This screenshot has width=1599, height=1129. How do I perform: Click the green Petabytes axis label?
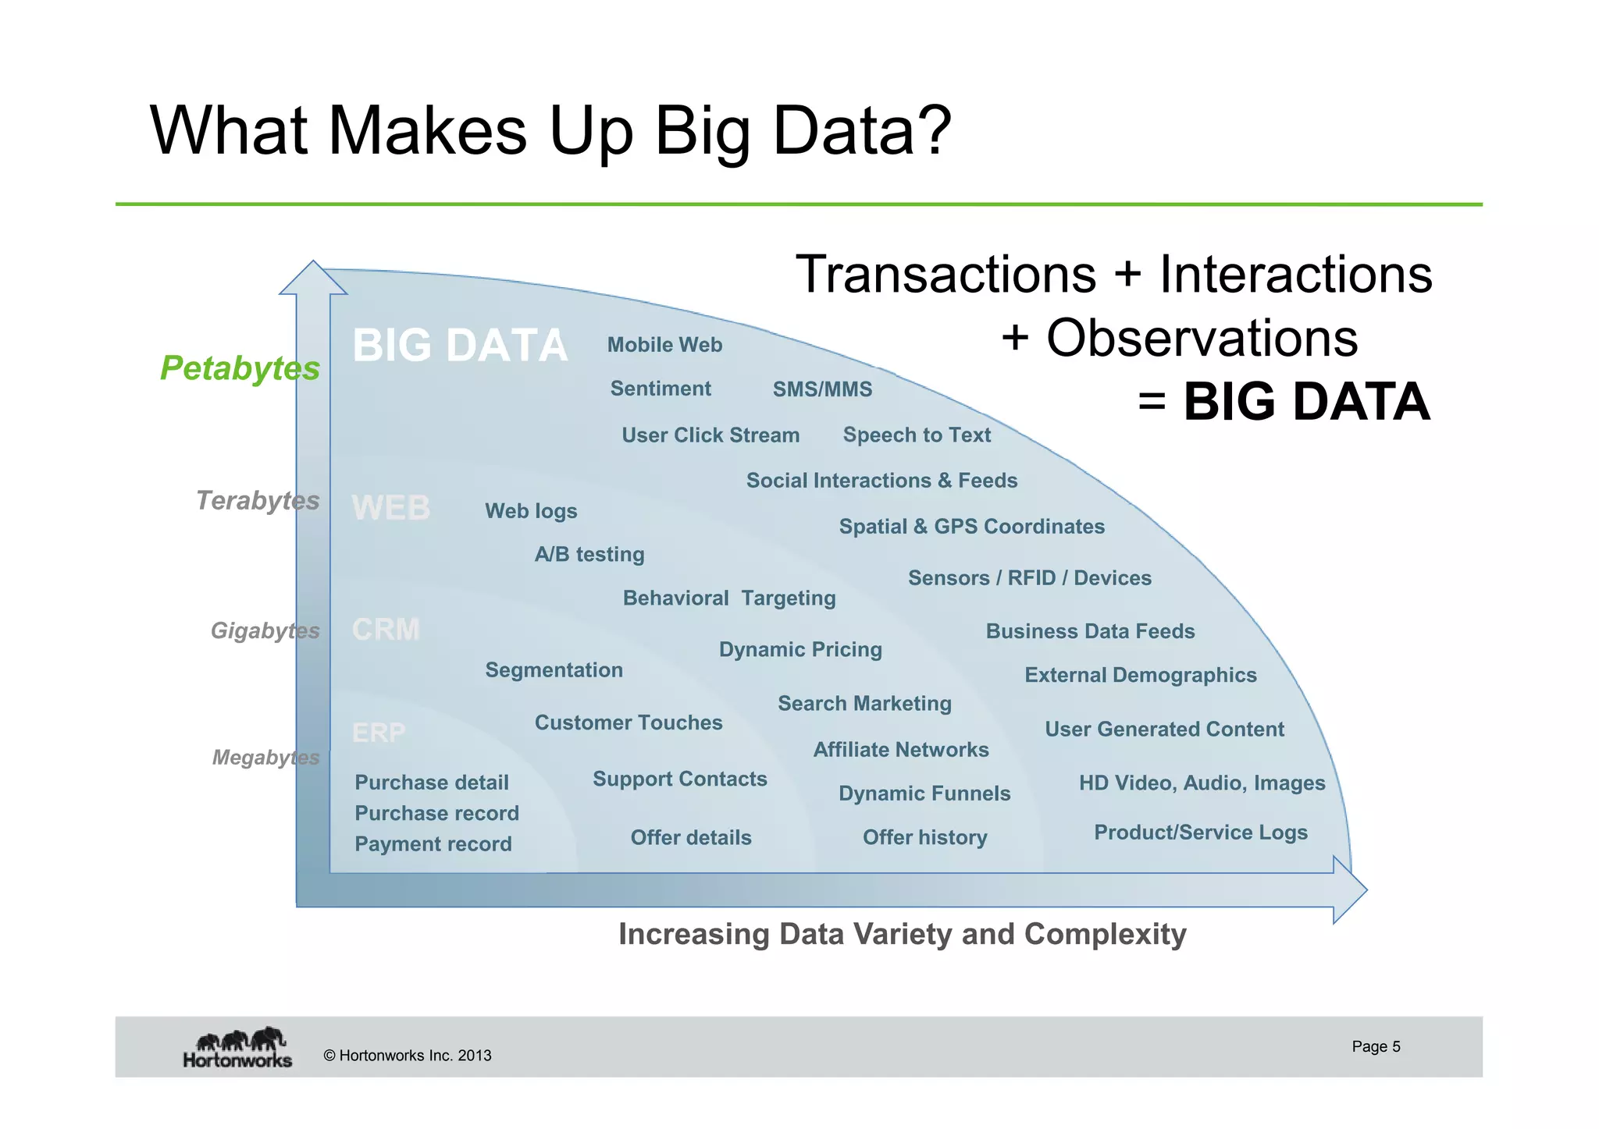click(x=240, y=367)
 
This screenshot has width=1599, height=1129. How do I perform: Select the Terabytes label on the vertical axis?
click(x=257, y=500)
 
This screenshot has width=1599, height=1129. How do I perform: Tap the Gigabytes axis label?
click(x=265, y=630)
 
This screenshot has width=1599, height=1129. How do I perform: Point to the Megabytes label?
click(x=265, y=757)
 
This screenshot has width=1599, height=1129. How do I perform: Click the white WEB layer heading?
click(x=390, y=508)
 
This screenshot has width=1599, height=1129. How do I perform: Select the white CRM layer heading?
click(x=386, y=629)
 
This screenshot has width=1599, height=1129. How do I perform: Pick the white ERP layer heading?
click(x=379, y=732)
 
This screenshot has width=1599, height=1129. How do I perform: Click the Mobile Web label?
click(x=664, y=345)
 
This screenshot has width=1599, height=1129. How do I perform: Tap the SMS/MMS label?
click(x=822, y=389)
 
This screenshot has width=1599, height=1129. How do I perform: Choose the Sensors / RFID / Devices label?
click(x=1029, y=578)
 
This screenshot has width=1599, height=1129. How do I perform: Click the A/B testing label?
click(x=589, y=555)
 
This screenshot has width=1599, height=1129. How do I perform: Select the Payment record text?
click(x=433, y=844)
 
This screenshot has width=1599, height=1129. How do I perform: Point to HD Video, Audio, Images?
click(x=1202, y=783)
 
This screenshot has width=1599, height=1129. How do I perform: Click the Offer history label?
click(x=924, y=837)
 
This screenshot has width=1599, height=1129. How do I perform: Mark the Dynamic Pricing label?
click(x=800, y=649)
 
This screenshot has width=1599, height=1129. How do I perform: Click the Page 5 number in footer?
click(x=1376, y=1046)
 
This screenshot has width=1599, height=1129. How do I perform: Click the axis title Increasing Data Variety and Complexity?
click(x=902, y=934)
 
